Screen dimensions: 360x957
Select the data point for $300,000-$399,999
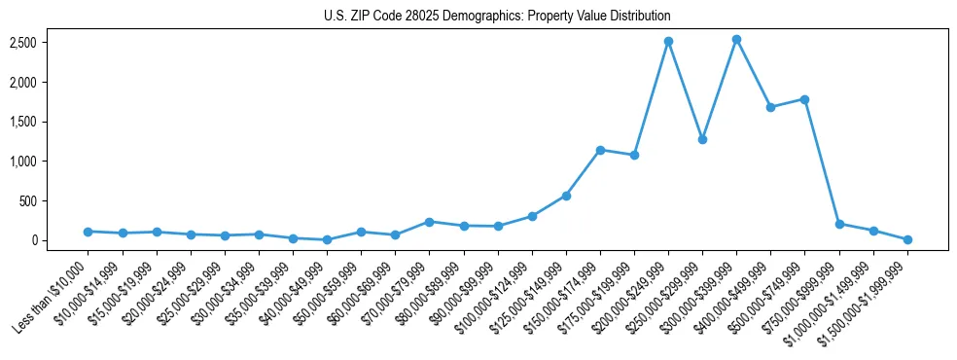(736, 40)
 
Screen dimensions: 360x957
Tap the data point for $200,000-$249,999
(668, 42)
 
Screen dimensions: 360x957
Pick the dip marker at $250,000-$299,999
(702, 139)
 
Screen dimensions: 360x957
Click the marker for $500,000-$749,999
(804, 99)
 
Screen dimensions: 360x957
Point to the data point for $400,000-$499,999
(770, 107)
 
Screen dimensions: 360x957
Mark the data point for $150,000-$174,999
(600, 150)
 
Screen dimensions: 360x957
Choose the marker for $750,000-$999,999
(838, 224)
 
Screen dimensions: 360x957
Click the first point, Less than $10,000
(88, 232)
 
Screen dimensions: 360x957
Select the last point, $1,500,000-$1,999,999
(907, 239)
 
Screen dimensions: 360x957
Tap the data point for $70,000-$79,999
(429, 222)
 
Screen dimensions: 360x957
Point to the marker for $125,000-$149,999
(566, 196)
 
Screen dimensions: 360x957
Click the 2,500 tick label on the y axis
(52, 43)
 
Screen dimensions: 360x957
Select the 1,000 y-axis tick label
(52, 162)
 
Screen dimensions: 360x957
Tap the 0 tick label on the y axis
(60, 240)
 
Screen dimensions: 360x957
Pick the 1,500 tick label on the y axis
(52, 122)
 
